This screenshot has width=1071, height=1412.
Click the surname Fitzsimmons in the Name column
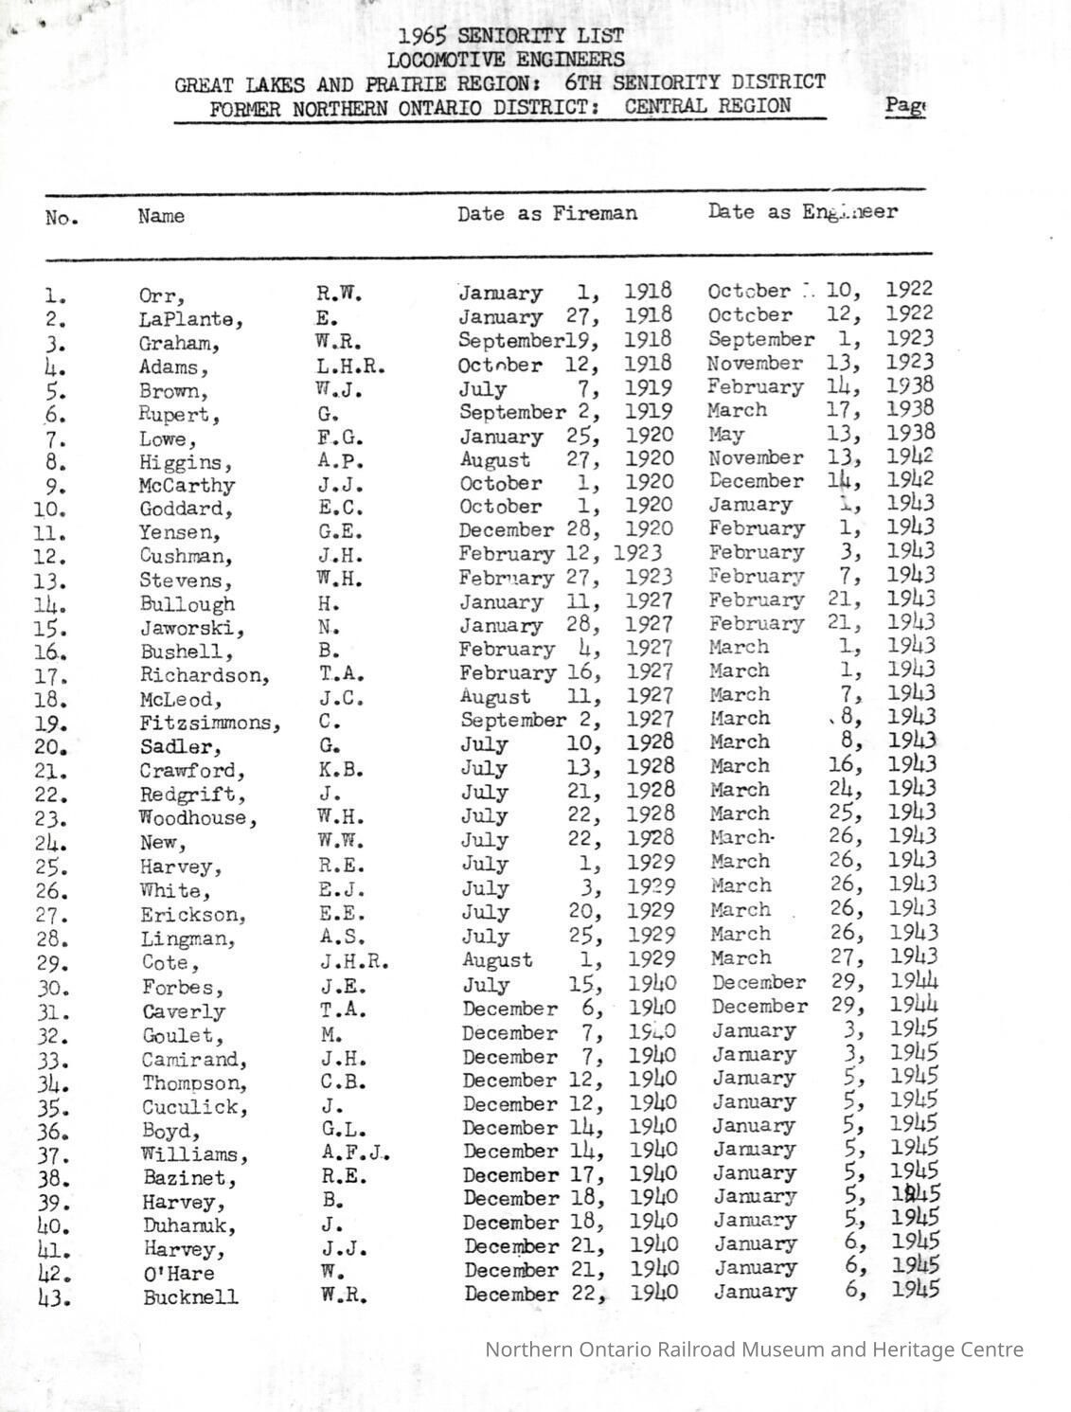tap(209, 724)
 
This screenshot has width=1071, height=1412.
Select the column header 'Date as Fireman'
tap(547, 214)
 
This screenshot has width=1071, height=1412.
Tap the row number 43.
tap(54, 1298)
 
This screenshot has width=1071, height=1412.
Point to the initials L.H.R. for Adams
tap(350, 366)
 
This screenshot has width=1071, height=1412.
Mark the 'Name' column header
tap(161, 216)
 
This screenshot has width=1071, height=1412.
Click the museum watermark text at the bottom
tap(754, 1349)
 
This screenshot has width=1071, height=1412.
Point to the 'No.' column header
tap(62, 219)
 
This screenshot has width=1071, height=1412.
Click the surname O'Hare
tap(178, 1274)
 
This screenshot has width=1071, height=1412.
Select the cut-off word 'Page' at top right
tap(904, 105)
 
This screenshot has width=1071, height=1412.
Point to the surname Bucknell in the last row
tap(190, 1297)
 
